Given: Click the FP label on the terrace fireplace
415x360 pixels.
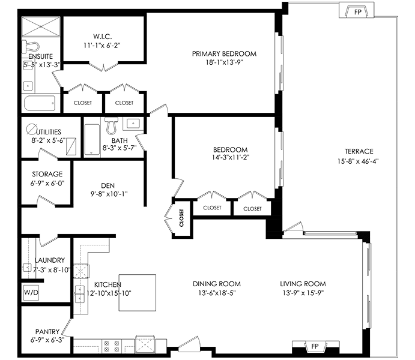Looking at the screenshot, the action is (357, 12).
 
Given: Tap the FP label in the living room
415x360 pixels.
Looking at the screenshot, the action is (315, 346).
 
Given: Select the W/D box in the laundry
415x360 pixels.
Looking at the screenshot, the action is (31, 292).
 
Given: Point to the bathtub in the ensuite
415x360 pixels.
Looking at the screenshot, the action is (40, 103).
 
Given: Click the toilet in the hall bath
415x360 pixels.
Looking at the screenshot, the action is (112, 126).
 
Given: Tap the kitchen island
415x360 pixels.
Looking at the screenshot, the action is (137, 293).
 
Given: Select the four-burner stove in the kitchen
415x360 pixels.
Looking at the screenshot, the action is (112, 346).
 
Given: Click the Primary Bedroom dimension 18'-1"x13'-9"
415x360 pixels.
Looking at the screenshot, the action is (224, 62).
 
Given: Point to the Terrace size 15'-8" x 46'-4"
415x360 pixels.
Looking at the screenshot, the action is (358, 161).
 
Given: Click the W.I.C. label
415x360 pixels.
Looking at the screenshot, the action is (102, 36).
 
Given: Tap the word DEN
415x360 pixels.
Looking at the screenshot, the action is (108, 185).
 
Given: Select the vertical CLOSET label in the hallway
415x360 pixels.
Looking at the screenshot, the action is (181, 218).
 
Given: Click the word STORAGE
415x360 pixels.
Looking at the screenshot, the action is (47, 174).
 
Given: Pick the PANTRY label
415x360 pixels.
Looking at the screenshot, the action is (47, 332).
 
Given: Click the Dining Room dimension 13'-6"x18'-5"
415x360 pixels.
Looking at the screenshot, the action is (217, 293).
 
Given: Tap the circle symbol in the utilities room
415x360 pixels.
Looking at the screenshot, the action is (31, 129).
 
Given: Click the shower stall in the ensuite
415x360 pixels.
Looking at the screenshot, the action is (41, 26).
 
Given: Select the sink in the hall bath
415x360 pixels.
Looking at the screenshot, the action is (133, 124).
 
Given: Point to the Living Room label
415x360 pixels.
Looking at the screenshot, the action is (303, 284).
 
